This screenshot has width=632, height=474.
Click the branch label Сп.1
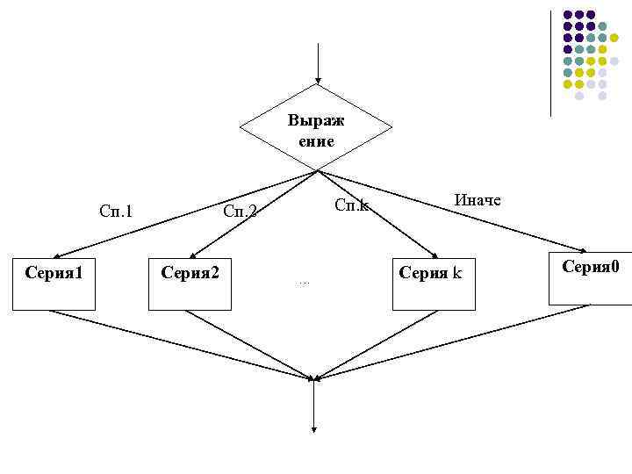[116, 211]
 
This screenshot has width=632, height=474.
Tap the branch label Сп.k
[352, 206]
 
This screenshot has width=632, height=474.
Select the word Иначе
[478, 200]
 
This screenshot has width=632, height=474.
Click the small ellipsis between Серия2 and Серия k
[304, 283]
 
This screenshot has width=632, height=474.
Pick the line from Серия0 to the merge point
[456, 341]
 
